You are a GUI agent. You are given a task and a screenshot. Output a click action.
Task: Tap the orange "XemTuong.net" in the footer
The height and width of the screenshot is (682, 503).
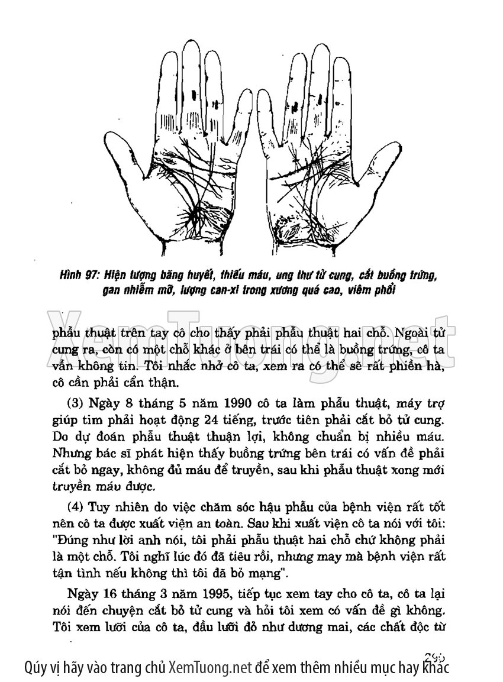[211, 668]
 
